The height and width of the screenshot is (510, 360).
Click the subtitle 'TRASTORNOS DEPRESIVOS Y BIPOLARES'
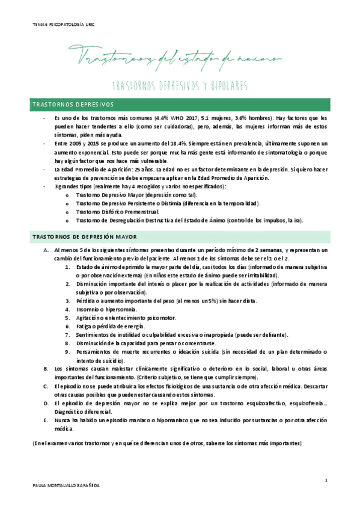[x=180, y=85]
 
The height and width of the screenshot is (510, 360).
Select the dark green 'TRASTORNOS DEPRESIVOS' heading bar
[x=180, y=104]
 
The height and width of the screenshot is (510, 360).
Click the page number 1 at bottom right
[x=325, y=479]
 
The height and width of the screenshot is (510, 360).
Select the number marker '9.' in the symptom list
[x=68, y=351]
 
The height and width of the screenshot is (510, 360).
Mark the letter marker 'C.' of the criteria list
[x=46, y=386]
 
